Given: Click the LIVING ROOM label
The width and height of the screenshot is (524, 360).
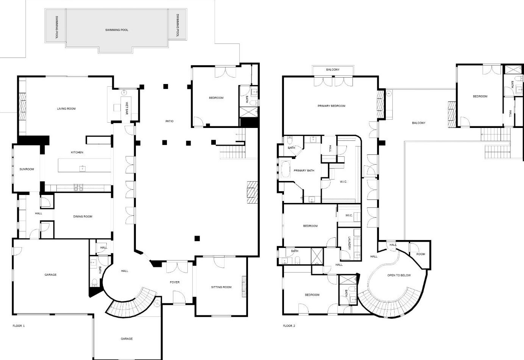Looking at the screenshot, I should pos(66,109).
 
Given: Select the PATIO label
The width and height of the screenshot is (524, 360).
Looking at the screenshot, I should pos(169,121).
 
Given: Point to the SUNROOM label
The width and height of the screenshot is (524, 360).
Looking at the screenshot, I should pos(27,169).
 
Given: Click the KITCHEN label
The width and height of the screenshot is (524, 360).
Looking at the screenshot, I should pos(77,152).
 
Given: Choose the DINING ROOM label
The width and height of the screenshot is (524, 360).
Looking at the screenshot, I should pos(83,217).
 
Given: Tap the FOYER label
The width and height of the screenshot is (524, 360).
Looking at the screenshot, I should pos(175,282).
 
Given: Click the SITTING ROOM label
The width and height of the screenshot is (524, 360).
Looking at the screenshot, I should pos(221,287).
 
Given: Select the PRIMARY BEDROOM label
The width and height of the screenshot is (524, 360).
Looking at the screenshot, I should pos(331,106).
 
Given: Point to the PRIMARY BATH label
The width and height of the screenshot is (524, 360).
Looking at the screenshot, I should pos(304,171).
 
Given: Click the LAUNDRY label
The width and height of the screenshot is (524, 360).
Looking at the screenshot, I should pos(349,243).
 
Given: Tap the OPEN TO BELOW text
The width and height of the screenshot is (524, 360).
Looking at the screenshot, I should pos(399,275).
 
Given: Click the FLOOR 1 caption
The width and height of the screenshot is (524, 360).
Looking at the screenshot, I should pos(19,326).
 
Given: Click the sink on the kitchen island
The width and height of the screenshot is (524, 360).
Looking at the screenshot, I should pos(82,168).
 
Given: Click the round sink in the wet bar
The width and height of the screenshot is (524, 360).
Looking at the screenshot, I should pos(123,92).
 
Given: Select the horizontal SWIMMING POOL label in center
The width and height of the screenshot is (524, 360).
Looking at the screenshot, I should pos(117,30).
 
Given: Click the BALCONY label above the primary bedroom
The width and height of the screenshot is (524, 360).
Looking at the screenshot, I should pos(333,70).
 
